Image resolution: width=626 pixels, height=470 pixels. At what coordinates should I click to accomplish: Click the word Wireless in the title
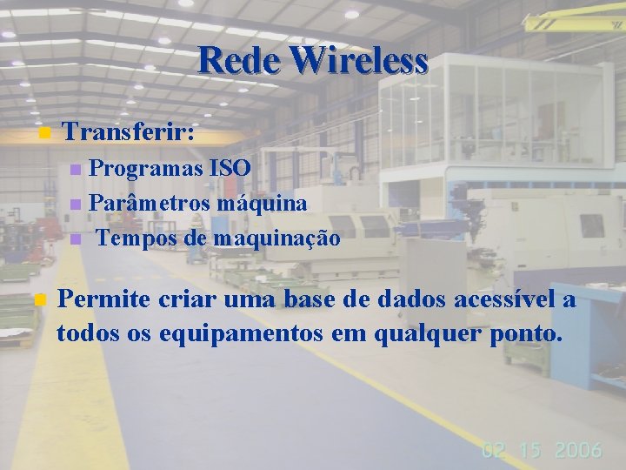[x=359, y=61]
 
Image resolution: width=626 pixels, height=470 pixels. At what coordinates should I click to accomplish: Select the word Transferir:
[x=130, y=133]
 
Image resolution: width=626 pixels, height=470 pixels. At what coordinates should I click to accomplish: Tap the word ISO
[x=230, y=167]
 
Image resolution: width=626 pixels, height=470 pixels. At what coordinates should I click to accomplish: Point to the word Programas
[x=145, y=167]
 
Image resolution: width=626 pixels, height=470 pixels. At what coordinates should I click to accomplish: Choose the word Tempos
[x=135, y=238]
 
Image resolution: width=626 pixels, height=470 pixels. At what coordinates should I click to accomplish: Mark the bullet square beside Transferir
[x=44, y=134]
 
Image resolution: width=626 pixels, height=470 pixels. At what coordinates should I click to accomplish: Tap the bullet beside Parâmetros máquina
[x=76, y=204]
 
